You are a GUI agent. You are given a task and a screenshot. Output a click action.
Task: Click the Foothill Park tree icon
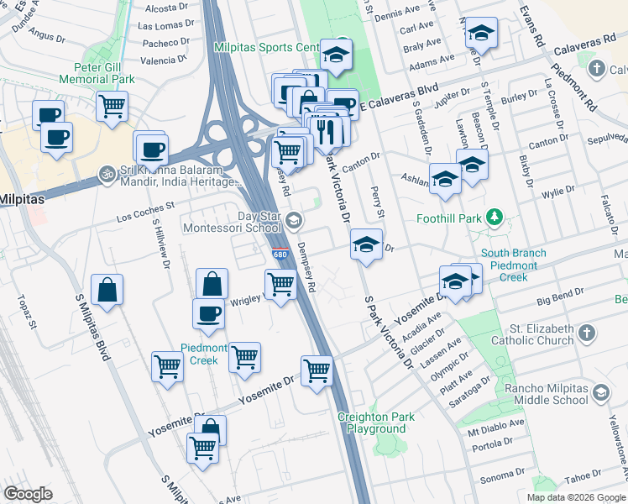495,218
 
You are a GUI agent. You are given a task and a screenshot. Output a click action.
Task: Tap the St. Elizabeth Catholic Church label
532,333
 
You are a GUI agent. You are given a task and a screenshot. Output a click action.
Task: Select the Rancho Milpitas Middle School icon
600,393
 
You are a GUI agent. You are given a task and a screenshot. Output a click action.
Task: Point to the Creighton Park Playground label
377,423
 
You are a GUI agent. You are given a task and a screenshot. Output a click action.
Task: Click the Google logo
28,494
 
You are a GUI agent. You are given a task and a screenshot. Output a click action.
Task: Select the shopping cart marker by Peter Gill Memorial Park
112,105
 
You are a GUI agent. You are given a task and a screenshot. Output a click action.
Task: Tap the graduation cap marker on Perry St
365,243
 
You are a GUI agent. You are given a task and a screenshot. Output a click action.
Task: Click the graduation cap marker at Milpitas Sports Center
337,54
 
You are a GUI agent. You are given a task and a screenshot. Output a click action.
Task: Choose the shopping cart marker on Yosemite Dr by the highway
317,369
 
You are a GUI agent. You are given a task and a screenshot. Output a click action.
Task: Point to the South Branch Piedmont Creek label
513,265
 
